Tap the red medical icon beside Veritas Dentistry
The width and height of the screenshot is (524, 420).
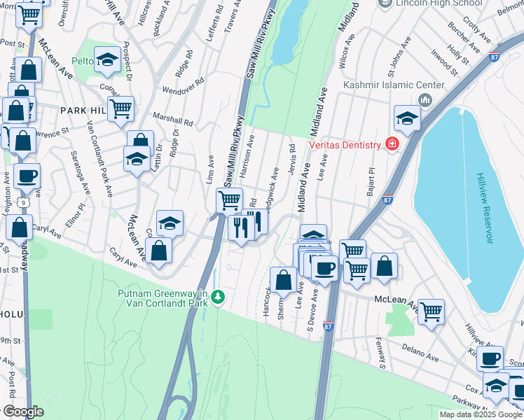392,144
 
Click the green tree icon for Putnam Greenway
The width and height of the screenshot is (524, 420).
219,297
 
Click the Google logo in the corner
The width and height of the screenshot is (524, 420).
22,412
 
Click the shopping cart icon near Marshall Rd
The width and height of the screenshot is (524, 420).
120,108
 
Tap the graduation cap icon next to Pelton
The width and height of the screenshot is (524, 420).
107,60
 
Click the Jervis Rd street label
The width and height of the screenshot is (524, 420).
291,157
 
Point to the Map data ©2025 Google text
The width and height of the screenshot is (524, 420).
481,414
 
